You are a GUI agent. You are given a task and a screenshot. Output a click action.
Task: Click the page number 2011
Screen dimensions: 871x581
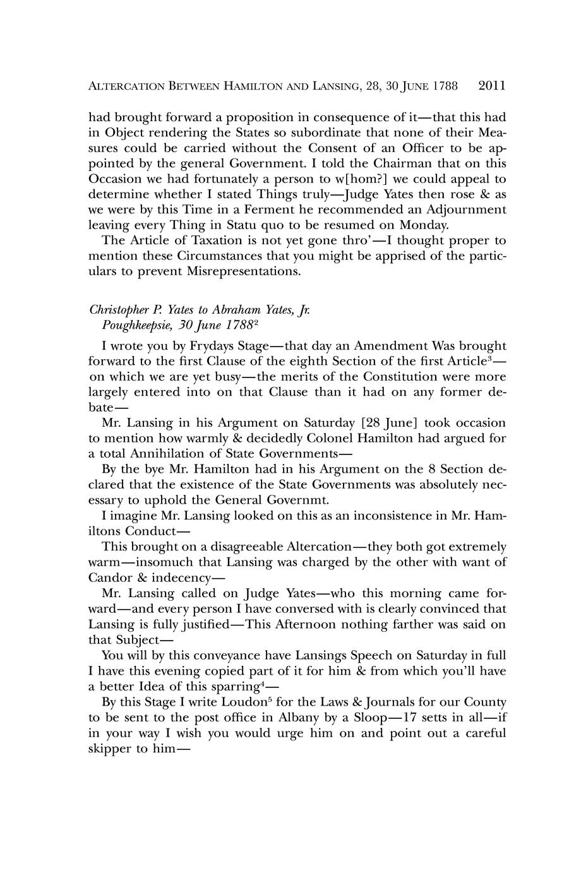[493, 86]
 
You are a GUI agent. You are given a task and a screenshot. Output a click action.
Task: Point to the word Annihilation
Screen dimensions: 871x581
[167, 454]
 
